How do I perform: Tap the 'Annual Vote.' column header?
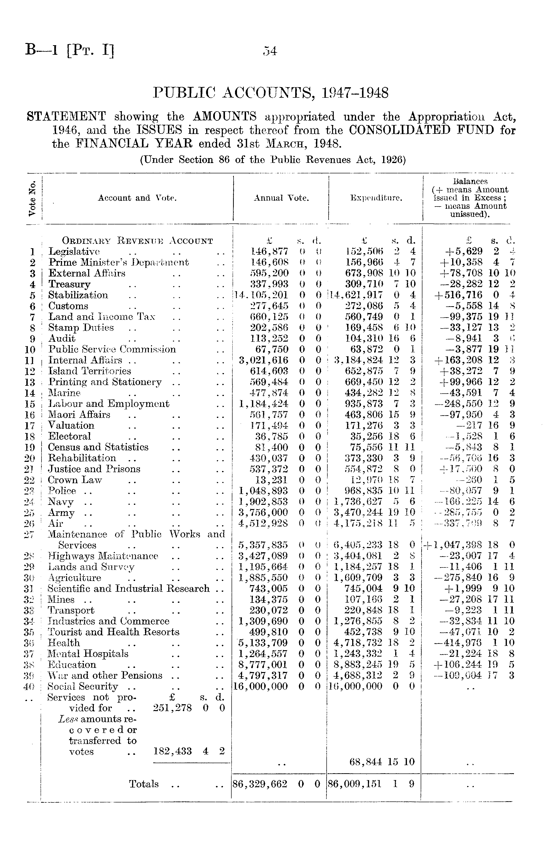pyautogui.click(x=281, y=198)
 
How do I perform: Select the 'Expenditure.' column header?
pyautogui.click(x=376, y=198)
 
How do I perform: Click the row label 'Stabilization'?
pyautogui.click(x=78, y=295)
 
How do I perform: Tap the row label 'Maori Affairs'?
pyautogui.click(x=79, y=415)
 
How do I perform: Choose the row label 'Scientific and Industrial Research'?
pyautogui.click(x=129, y=589)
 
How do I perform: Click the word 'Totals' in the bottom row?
pyautogui.click(x=144, y=784)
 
